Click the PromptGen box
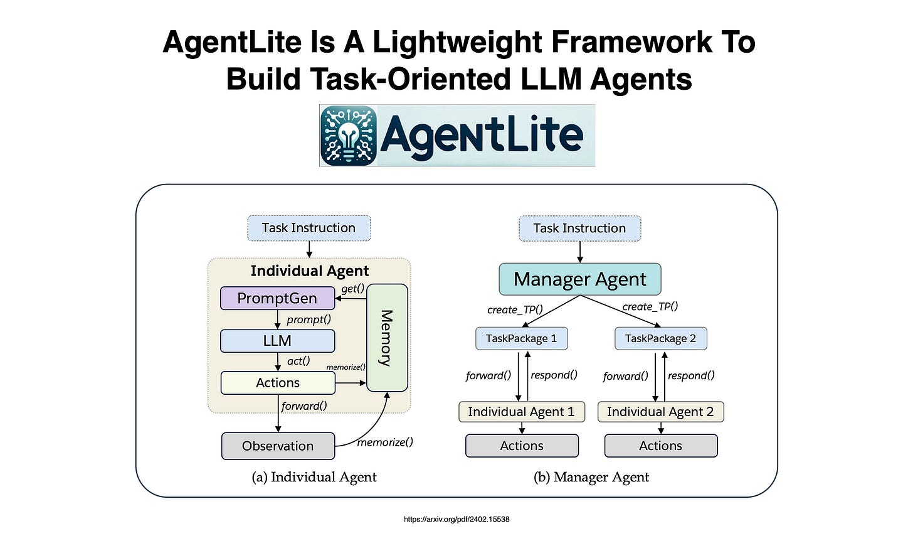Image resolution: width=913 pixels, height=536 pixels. point(277,298)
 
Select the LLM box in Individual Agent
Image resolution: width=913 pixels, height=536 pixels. point(277,341)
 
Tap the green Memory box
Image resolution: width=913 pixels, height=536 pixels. point(387,338)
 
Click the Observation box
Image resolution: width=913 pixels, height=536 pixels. point(278,446)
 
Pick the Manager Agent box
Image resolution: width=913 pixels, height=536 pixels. point(579,279)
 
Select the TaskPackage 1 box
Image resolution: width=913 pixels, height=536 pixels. point(521,338)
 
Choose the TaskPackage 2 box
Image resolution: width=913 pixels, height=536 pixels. point(660,338)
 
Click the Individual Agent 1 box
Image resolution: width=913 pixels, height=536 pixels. point(521,412)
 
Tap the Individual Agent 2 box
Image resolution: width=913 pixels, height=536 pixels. point(660,412)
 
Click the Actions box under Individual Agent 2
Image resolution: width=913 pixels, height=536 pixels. point(660,446)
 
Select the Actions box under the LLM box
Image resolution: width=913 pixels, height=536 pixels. point(278,383)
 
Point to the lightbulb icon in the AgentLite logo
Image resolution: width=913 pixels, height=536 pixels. point(348,135)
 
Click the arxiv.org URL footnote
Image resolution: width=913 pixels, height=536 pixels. point(456,520)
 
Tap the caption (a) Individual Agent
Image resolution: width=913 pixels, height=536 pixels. point(314,477)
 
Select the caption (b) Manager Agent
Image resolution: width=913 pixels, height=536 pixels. point(591,477)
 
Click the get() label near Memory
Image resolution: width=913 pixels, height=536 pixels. point(352,289)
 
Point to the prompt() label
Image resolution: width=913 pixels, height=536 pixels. point(309,319)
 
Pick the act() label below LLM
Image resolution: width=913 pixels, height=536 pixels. point(298,361)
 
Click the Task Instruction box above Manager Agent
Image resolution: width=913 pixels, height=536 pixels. point(579,228)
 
